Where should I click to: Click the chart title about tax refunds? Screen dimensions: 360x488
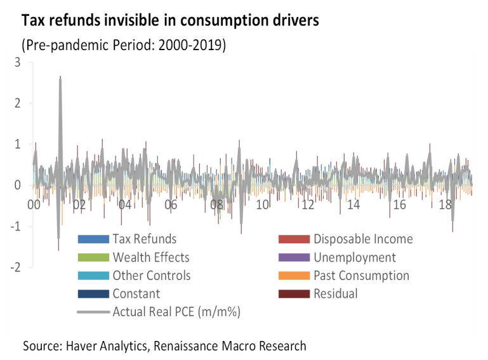point(170,20)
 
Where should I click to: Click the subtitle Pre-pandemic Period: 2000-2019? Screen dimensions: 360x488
point(124,46)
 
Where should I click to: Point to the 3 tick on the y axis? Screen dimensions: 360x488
point(17,62)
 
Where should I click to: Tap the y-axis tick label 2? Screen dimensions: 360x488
point(17,103)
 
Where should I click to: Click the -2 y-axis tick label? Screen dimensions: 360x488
point(15,268)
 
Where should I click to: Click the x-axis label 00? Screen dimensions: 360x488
point(34,205)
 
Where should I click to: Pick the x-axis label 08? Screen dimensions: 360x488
point(216,205)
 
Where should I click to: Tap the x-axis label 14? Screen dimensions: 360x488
point(353,205)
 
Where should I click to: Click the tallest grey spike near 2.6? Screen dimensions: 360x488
point(60,78)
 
